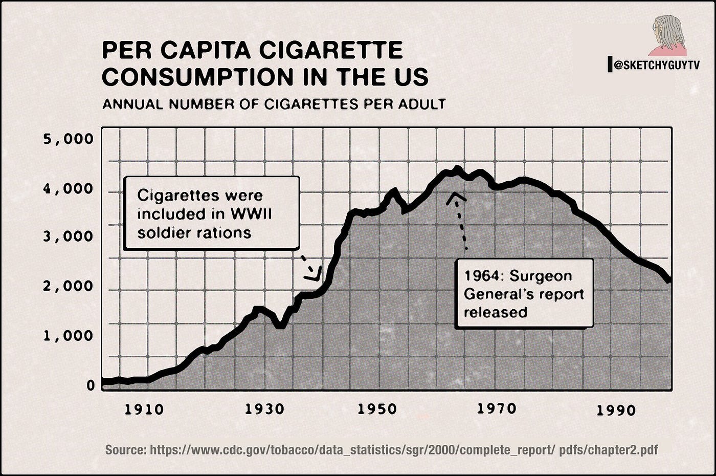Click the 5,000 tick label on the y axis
68,139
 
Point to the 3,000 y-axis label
68,236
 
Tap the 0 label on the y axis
91,385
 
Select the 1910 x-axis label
144,409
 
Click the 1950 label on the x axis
377,409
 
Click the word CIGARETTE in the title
331,50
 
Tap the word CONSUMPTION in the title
197,77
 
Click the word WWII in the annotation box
251,214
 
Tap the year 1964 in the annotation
482,276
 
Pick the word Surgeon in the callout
541,276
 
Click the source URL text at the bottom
382,450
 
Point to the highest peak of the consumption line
457,168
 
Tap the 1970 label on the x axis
497,408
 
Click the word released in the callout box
496,312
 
